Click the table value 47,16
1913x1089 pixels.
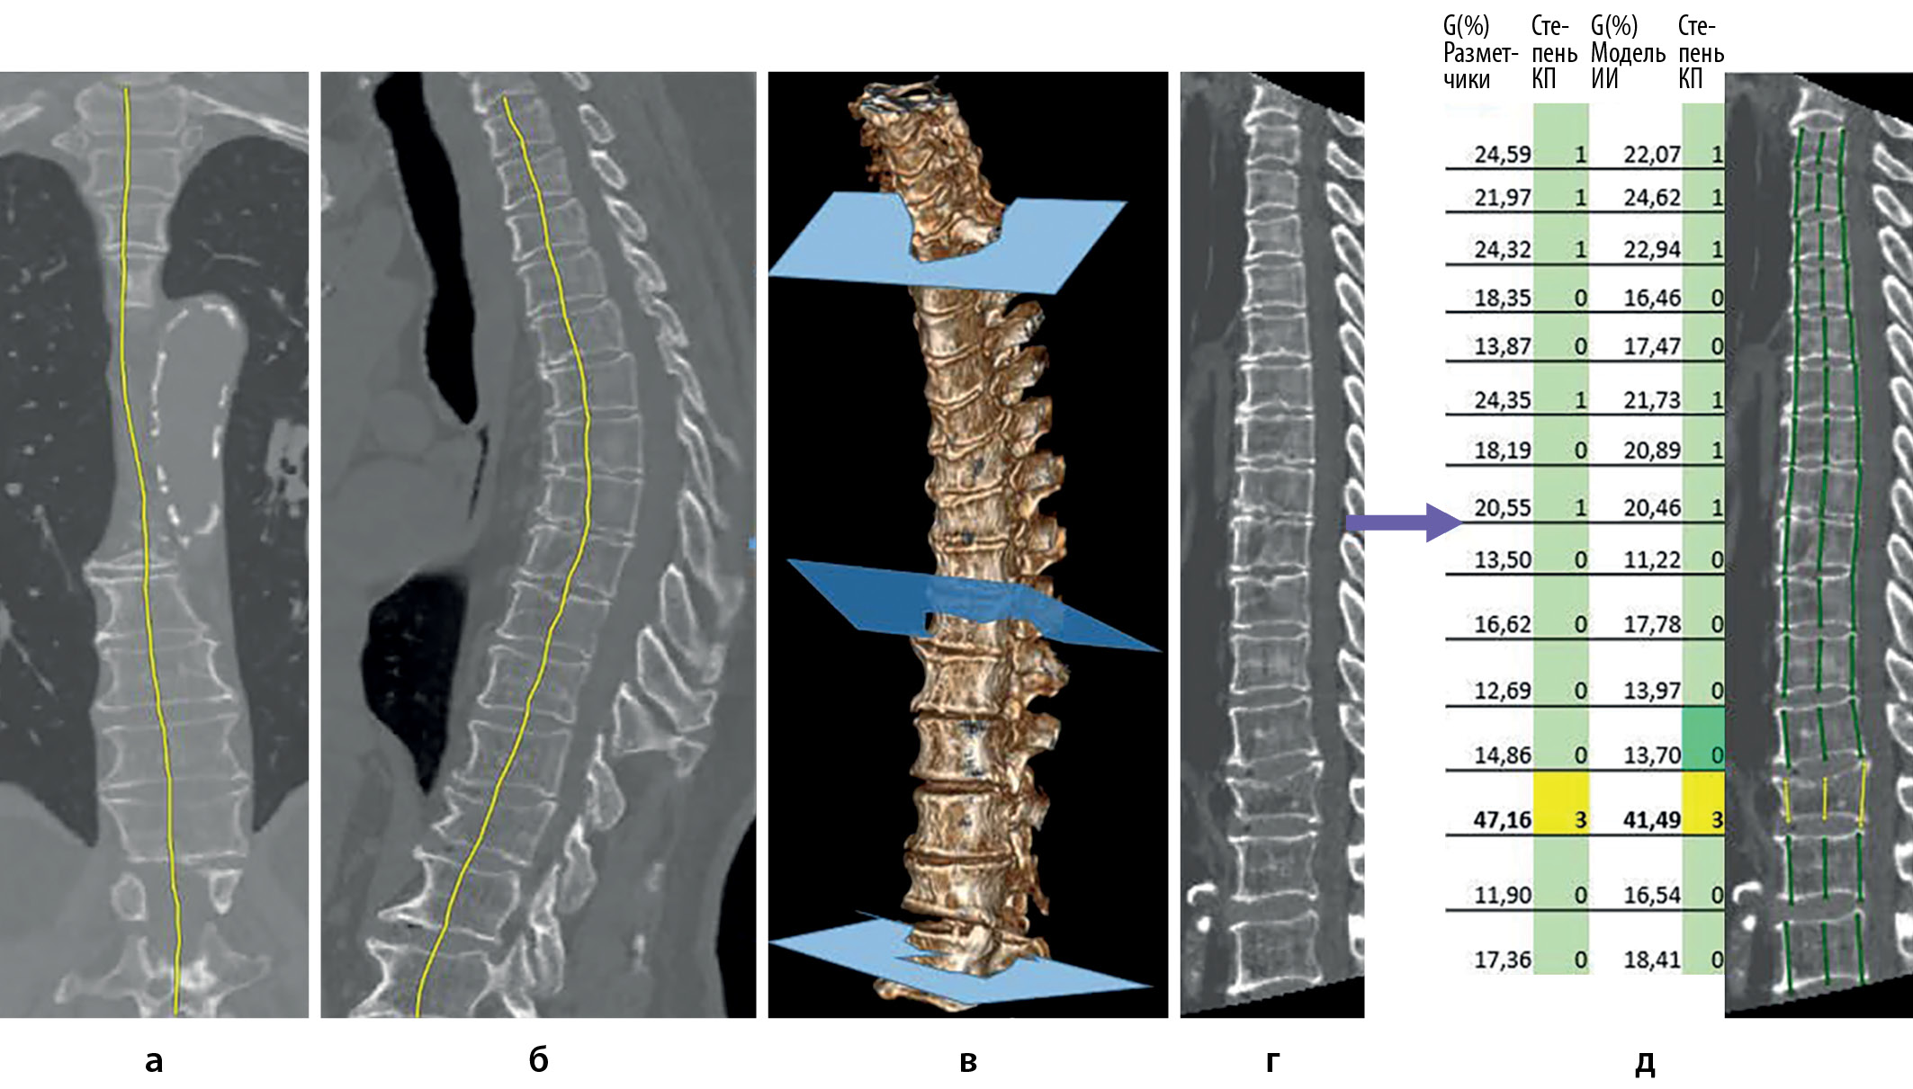pyautogui.click(x=1501, y=819)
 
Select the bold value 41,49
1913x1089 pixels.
pyautogui.click(x=1651, y=819)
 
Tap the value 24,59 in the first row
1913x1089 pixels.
pyautogui.click(x=1502, y=155)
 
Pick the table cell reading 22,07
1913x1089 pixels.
pyautogui.click(x=1651, y=155)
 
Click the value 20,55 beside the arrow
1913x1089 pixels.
pyautogui.click(x=1502, y=508)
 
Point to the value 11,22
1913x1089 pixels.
pyautogui.click(x=1651, y=560)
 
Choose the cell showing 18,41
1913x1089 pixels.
pyautogui.click(x=1651, y=960)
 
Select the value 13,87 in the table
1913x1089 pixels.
pyautogui.click(x=1502, y=346)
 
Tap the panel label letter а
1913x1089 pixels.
pyautogui.click(x=154, y=1061)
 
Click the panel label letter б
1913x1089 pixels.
pyautogui.click(x=538, y=1061)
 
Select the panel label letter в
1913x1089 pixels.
pyautogui.click(x=968, y=1061)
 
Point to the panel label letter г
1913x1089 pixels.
pyautogui.click(x=1272, y=1061)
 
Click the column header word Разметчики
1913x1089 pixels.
pyautogui.click(x=1480, y=67)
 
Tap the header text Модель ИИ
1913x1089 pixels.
pyautogui.click(x=1627, y=66)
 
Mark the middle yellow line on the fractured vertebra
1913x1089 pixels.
pyautogui.click(x=1825, y=799)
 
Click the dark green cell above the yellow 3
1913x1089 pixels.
pyautogui.click(x=1702, y=737)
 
